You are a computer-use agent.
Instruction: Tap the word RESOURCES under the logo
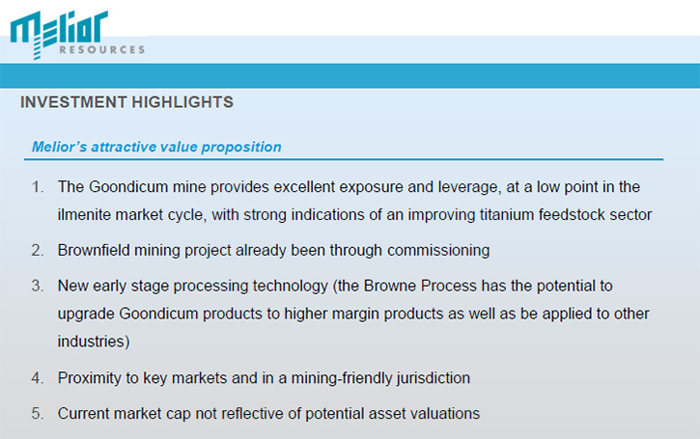coord(102,49)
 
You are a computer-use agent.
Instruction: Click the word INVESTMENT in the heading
coord(73,102)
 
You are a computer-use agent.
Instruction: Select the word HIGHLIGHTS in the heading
coord(182,102)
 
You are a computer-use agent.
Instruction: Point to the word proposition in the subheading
coord(241,148)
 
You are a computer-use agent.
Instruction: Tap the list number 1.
coord(38,186)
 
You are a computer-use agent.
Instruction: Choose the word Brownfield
coord(94,250)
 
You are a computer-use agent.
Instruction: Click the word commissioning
coord(438,250)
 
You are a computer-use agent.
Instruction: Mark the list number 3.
coord(38,286)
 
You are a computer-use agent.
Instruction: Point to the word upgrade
coord(86,315)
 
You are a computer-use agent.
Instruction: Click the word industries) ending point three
coord(94,342)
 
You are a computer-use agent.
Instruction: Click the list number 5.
coord(38,414)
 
